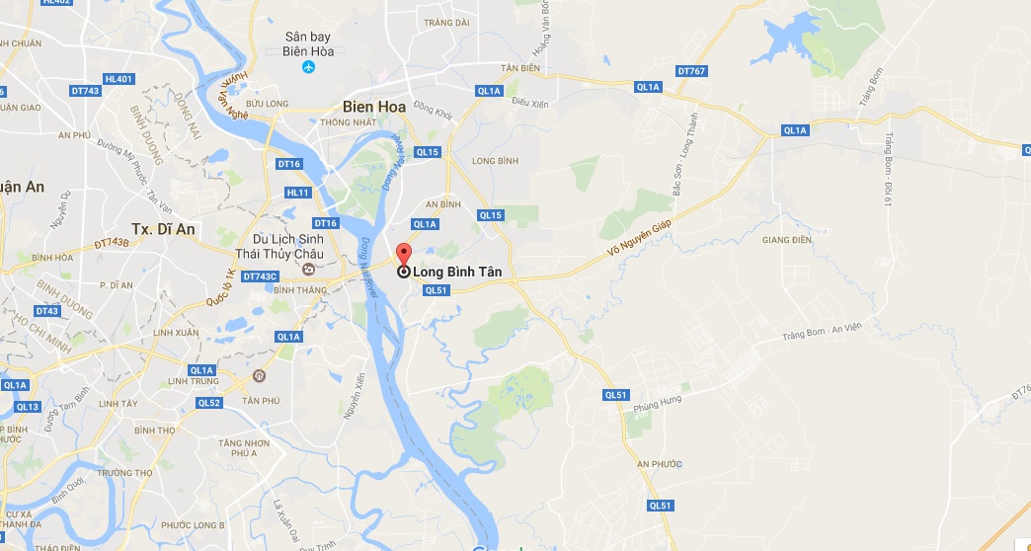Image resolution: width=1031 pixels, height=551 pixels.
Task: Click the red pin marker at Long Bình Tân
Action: coord(403,253)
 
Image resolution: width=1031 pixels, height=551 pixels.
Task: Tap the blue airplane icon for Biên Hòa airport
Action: coord(307,67)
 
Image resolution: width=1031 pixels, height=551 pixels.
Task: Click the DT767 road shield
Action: coord(691,71)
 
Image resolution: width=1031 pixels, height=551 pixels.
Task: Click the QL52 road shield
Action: coord(208,403)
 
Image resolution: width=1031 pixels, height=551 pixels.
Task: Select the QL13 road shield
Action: coord(27,407)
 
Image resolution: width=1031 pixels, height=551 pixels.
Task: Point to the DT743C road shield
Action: coord(261,276)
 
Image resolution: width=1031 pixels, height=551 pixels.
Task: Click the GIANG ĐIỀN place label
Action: coord(786,239)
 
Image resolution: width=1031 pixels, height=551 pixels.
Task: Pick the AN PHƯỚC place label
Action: coord(659,464)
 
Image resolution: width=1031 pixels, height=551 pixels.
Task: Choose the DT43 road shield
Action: coord(46,311)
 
